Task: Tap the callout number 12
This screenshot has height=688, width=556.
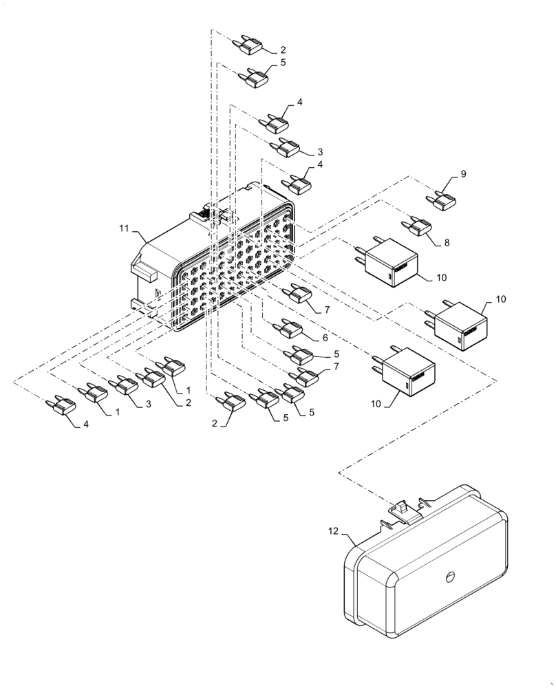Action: [332, 531]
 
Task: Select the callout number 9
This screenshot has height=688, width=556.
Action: [463, 175]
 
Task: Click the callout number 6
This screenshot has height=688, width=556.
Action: [323, 338]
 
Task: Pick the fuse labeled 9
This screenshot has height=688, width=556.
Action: [442, 200]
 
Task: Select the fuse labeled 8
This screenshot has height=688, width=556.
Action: [418, 226]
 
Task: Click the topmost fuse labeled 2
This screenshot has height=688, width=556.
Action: [248, 46]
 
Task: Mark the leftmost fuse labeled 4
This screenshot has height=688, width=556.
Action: [59, 407]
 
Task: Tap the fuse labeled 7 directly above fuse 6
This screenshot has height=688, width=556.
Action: [299, 294]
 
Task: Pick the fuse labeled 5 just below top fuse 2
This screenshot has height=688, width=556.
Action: [255, 78]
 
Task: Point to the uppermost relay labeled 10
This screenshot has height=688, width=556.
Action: [387, 264]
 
